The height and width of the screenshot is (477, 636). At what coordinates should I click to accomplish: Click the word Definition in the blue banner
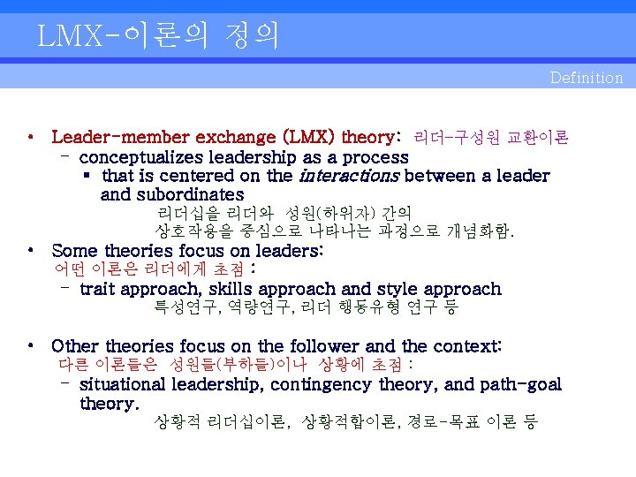point(586,78)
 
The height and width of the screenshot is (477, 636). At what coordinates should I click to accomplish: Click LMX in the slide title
point(68,35)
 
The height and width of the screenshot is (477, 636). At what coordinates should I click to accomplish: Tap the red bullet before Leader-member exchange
point(31,138)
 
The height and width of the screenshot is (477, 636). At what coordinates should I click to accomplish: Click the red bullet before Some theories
point(31,251)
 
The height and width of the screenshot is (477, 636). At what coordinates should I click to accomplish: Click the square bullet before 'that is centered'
point(87,176)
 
